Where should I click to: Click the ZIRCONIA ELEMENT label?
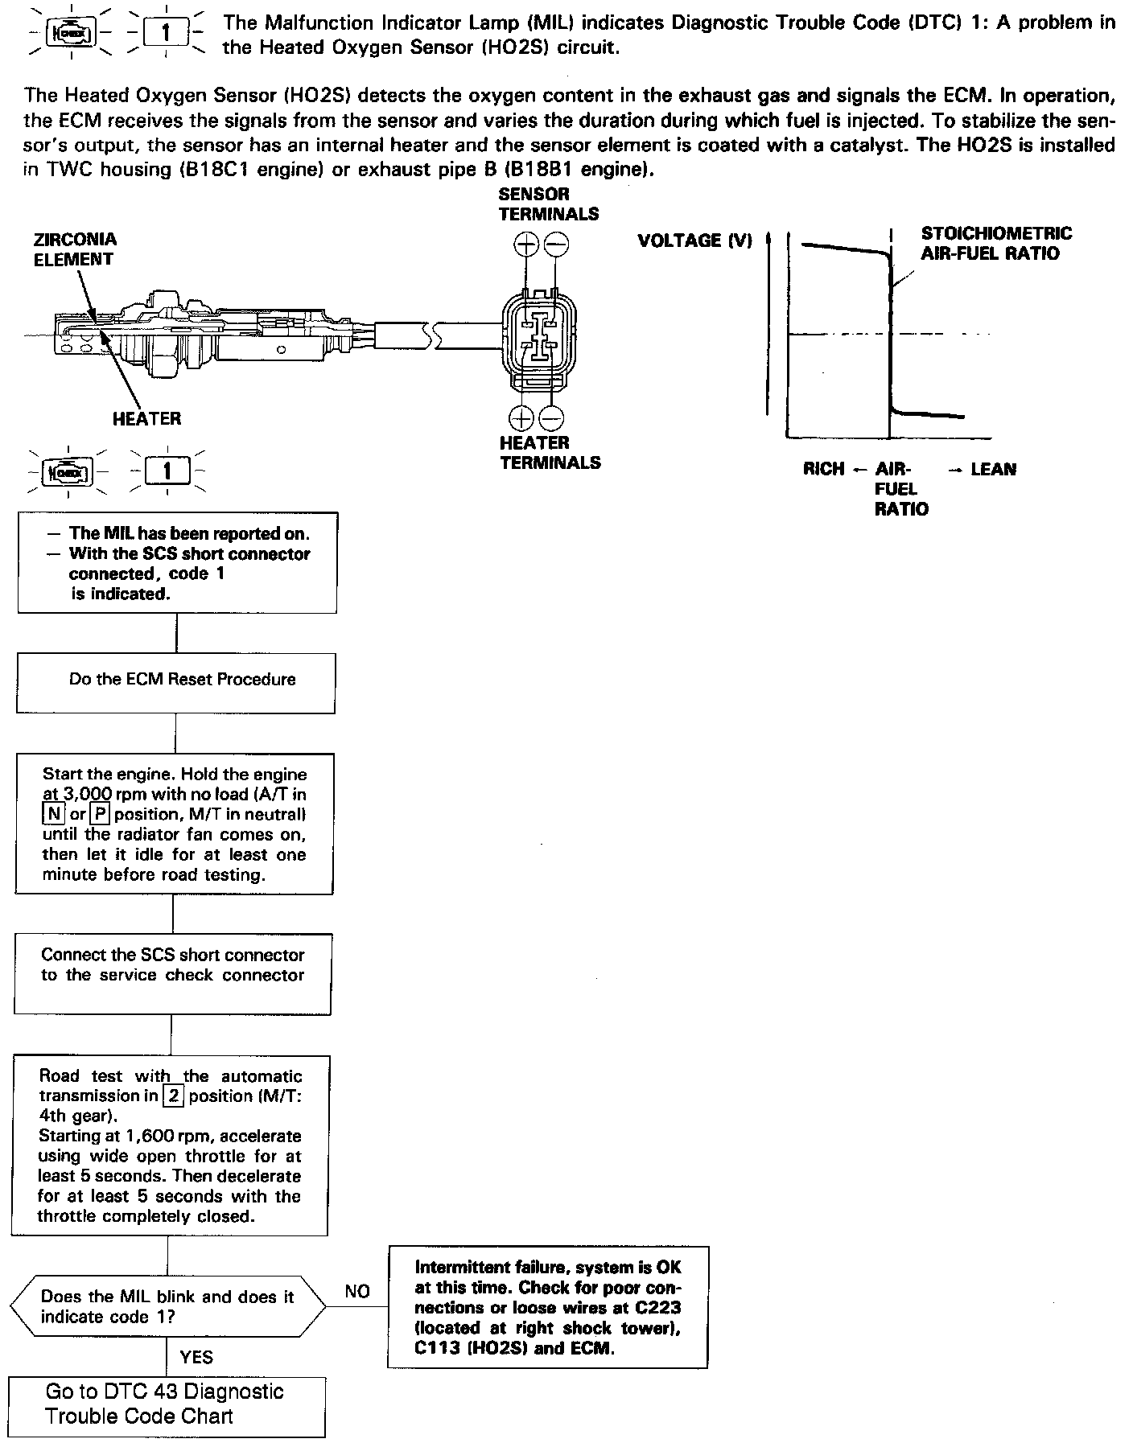click(x=75, y=249)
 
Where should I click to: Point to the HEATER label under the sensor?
click(x=146, y=418)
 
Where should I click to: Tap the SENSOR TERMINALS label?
click(x=549, y=203)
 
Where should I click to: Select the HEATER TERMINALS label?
click(x=550, y=452)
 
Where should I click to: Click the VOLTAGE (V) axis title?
click(x=694, y=240)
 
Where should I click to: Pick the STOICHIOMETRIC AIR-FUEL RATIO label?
click(x=996, y=243)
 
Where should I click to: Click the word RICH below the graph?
click(x=823, y=469)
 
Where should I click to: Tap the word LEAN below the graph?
click(x=993, y=469)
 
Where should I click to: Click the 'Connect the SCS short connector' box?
click(x=172, y=973)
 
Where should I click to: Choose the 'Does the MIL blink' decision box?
click(x=167, y=1306)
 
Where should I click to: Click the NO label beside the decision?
click(x=357, y=1291)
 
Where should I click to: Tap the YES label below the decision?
click(x=196, y=1357)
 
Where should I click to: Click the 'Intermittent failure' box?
click(x=547, y=1307)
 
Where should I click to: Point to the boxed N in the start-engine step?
click(x=53, y=814)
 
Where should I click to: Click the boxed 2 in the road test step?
click(x=173, y=1096)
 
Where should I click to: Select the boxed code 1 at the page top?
click(x=166, y=33)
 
